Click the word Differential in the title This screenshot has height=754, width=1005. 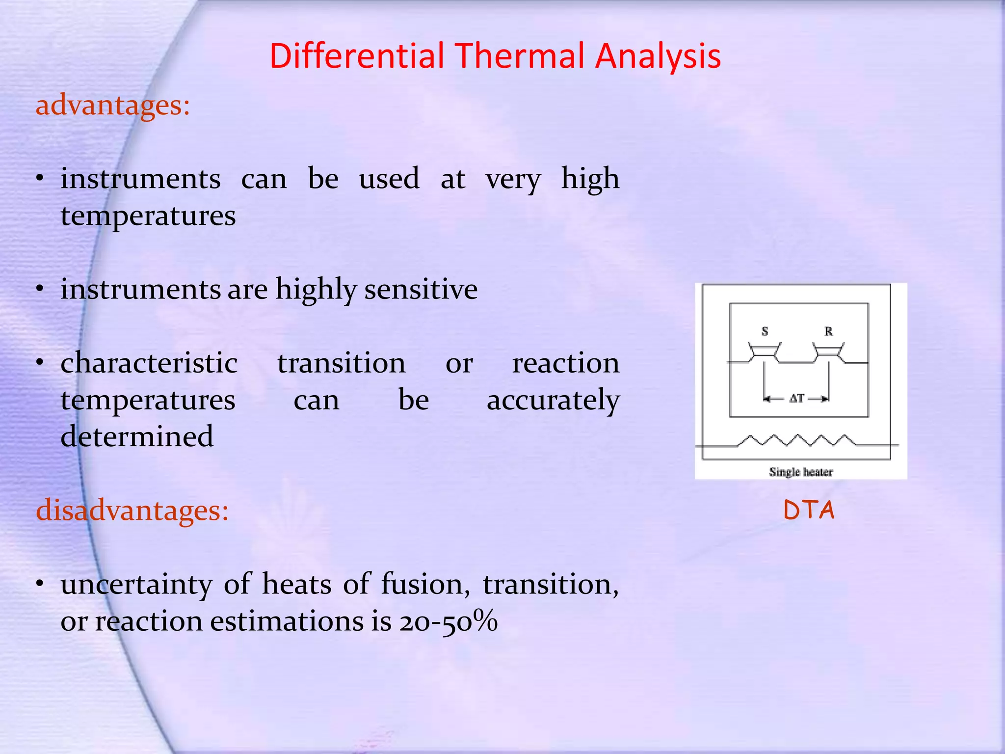[x=357, y=56]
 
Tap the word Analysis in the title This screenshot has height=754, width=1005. [x=658, y=56]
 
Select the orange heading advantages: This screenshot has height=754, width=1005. [x=113, y=105]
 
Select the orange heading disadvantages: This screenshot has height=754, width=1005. [x=132, y=511]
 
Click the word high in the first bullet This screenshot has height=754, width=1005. [x=590, y=178]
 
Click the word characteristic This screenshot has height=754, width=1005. [x=149, y=363]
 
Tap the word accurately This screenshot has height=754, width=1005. [x=553, y=400]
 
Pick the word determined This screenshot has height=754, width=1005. [x=137, y=436]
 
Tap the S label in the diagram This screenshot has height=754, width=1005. [x=765, y=331]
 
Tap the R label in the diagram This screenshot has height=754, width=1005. [x=829, y=331]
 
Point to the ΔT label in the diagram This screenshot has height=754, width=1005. [x=796, y=398]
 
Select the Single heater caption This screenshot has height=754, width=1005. [x=801, y=472]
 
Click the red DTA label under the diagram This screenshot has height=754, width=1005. [x=809, y=510]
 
